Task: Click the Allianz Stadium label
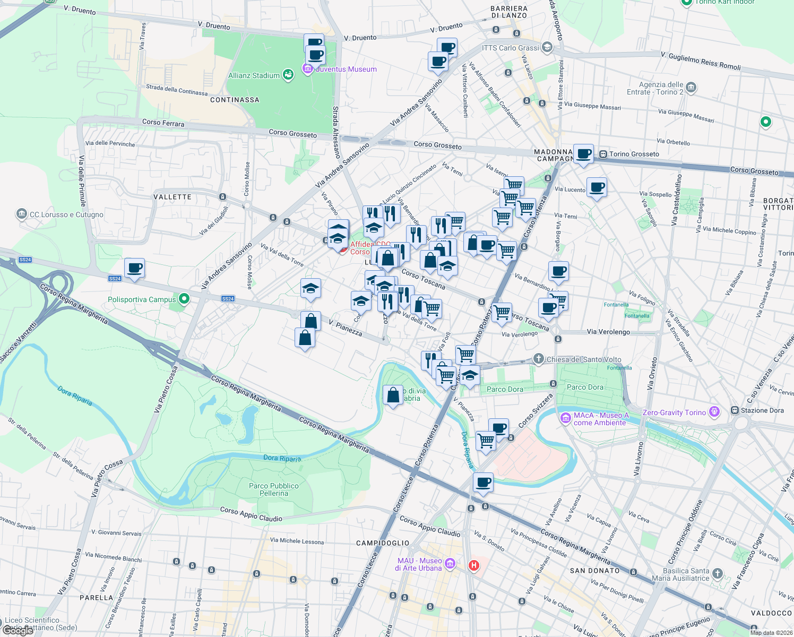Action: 254,75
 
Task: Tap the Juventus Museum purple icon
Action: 307,68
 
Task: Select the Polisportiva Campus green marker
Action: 184,299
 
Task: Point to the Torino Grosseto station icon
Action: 603,154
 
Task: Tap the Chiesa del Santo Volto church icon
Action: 539,359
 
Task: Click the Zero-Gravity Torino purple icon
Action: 714,412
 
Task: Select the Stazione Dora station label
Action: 762,410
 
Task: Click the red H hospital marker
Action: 474,565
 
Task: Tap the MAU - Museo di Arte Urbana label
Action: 419,564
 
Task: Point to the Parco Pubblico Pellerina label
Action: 274,489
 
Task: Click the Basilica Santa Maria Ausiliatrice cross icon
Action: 718,573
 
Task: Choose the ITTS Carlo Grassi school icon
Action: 547,48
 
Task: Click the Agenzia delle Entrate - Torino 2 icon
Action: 691,88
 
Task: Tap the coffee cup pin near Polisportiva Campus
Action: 135,268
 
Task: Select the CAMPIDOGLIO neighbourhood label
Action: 383,543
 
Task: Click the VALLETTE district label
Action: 172,197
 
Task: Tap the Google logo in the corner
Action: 18,631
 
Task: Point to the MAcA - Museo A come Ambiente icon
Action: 565,418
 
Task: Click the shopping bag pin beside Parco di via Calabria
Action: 393,395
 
